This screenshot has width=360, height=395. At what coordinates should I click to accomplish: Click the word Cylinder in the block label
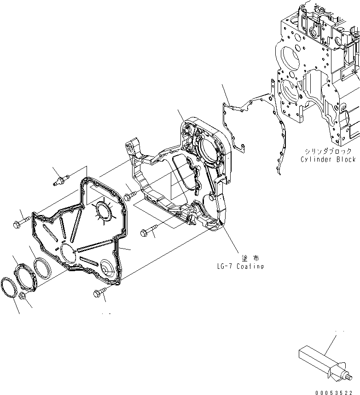coord(315,159)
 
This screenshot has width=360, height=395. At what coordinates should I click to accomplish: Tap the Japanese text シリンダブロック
coord(327,151)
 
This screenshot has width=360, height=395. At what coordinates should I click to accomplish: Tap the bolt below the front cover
coord(100,291)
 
